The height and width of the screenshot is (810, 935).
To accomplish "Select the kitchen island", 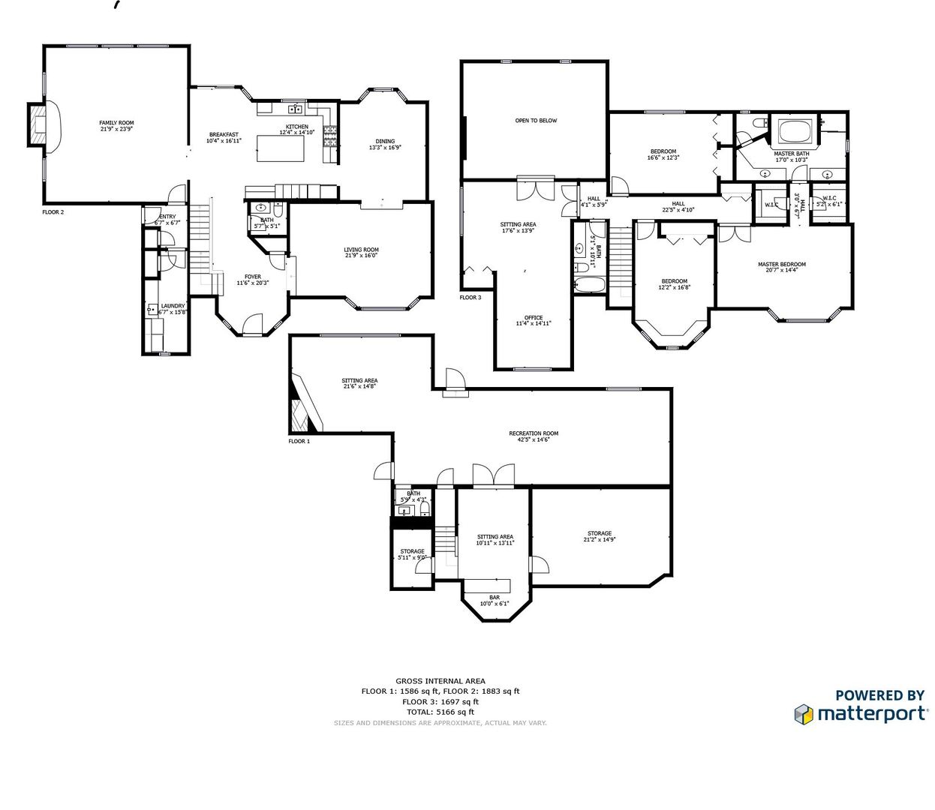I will click(x=281, y=148).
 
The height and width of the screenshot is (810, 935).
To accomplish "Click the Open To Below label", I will click(x=536, y=121).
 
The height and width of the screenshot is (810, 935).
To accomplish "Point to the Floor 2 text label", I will click(x=53, y=212).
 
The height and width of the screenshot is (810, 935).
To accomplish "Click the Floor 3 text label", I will click(x=471, y=298).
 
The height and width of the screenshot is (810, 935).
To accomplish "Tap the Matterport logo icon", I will click(x=804, y=714).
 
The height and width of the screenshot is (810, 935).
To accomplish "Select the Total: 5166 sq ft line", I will click(x=440, y=712).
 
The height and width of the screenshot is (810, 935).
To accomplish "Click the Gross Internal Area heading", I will click(x=440, y=681).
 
